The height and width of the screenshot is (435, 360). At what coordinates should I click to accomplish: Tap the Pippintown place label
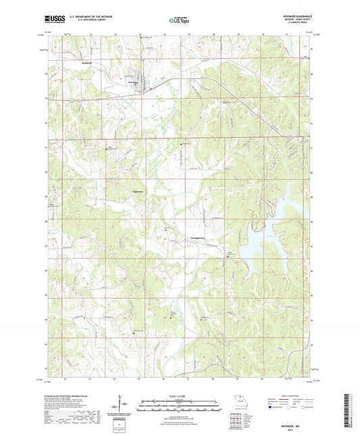[x=138, y=193]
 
